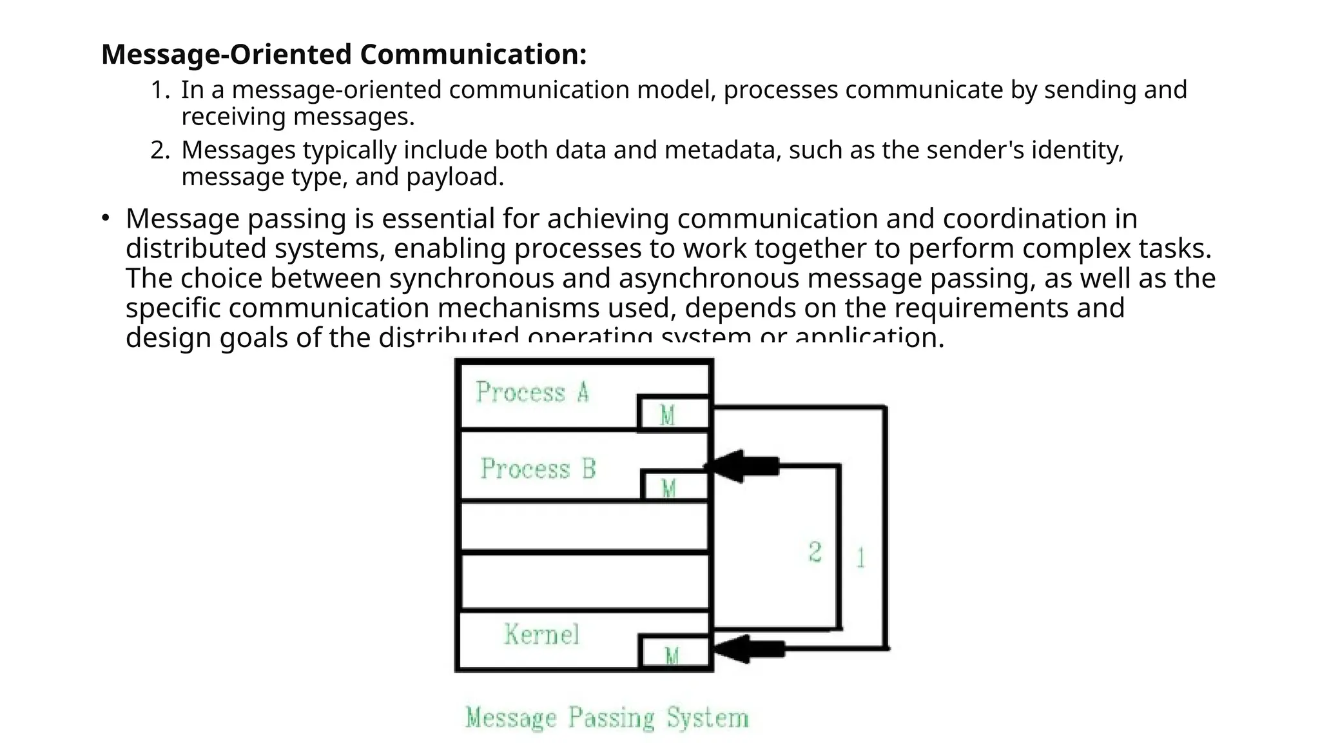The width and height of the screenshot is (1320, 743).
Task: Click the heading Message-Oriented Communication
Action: coord(344,54)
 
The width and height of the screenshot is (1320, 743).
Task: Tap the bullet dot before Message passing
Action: coord(106,218)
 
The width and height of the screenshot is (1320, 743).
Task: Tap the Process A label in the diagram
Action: coord(532,392)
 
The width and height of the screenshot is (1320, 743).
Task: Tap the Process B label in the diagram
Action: coord(538,468)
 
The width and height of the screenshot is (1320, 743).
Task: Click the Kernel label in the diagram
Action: coord(541,635)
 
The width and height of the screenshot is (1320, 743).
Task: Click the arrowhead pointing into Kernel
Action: coord(732,649)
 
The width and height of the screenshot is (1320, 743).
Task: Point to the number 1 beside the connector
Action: coord(860,557)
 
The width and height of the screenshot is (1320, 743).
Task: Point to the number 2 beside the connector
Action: coord(815,552)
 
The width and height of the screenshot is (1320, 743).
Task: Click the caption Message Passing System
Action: coord(607,718)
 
